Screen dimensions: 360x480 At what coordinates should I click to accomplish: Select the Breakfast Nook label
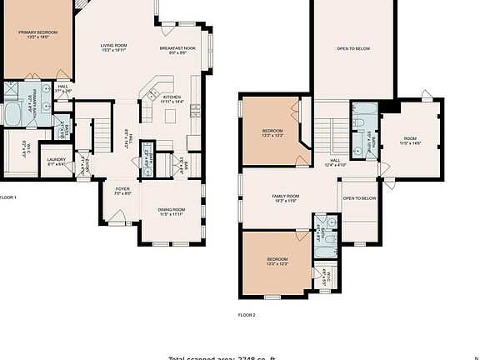click(x=177, y=49)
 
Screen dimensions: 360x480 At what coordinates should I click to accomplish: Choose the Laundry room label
click(x=56, y=159)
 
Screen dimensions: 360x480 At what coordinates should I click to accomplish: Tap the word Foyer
click(x=122, y=189)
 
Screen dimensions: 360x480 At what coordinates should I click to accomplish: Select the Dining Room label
click(x=171, y=209)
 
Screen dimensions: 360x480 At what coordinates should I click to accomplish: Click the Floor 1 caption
click(x=7, y=197)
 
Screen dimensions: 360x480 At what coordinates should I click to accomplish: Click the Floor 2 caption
click(x=247, y=315)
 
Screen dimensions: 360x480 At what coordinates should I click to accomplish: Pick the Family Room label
click(x=285, y=197)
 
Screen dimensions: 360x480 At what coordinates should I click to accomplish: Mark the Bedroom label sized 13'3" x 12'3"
click(x=277, y=260)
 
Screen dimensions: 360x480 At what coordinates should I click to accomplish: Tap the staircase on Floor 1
click(x=99, y=135)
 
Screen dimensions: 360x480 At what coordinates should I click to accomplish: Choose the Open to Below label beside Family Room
click(x=359, y=198)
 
